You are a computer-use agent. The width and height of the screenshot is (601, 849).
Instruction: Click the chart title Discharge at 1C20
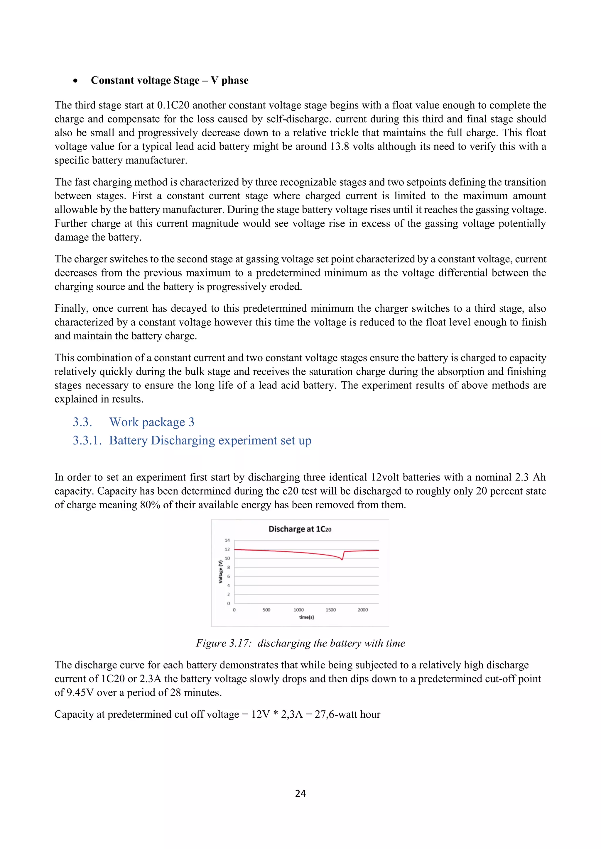pos(300,529)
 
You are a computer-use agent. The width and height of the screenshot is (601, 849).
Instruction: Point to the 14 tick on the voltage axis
pos(227,540)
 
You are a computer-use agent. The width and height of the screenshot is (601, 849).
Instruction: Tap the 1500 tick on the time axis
pos(330,610)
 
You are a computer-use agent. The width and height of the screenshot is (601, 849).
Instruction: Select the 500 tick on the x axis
pos(266,610)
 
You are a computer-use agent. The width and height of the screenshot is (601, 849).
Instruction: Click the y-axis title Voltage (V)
pos(221,572)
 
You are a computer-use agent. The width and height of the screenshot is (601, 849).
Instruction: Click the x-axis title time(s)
pos(306,617)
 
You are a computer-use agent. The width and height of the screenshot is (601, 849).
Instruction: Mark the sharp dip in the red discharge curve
pos(342,559)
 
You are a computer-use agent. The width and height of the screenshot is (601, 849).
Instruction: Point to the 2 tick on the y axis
pos(228,594)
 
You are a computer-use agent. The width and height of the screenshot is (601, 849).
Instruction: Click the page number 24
pos(300,793)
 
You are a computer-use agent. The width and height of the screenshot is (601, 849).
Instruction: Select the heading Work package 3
pos(152,422)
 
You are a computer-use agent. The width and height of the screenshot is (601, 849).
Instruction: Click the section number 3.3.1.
pos(87,440)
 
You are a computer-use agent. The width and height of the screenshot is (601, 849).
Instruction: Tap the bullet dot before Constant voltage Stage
pos(75,81)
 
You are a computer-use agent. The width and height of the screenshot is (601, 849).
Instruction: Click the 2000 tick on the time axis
pos(363,610)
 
